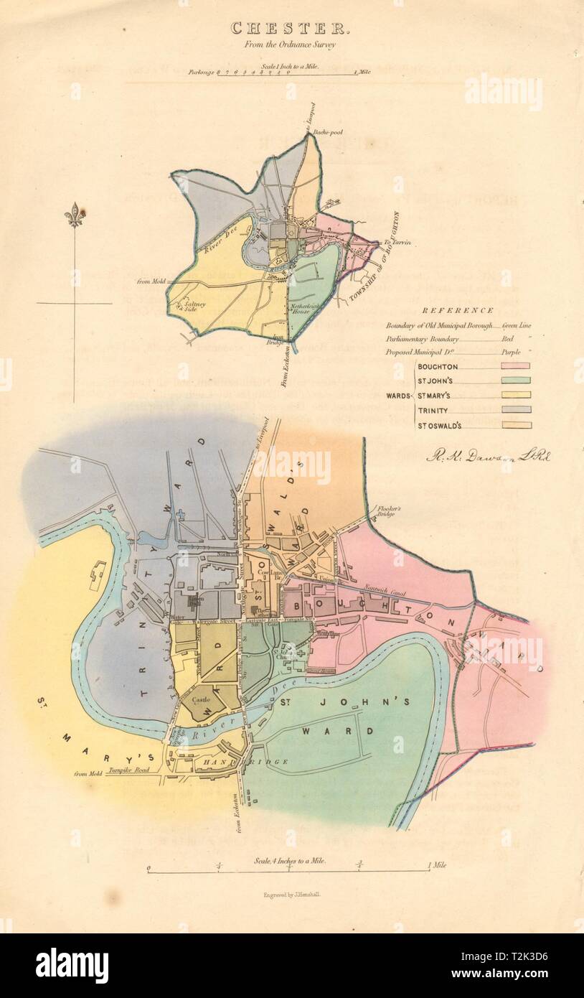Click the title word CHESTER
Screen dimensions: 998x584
pos(291,28)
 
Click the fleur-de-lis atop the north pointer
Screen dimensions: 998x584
pos(74,215)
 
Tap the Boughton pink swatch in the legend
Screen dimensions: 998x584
pos(510,366)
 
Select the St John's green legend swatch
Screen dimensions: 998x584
pos(510,381)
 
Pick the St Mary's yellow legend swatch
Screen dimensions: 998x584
pos(510,395)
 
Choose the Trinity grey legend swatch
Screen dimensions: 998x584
pos(510,410)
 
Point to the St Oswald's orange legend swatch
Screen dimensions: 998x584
pos(510,425)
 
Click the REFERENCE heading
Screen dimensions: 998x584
pos(457,310)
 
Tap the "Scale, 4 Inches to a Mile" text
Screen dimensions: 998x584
pos(289,859)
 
